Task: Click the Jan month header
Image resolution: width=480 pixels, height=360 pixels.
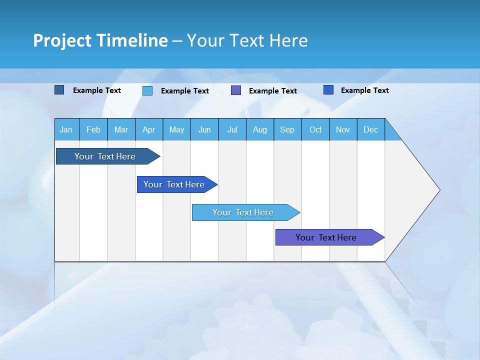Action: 66,129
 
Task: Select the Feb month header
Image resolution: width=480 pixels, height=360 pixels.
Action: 93,129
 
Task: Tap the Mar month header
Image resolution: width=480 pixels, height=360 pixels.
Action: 121,129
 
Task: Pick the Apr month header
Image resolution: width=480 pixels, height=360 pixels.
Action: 149,129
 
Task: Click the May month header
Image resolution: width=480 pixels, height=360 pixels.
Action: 176,129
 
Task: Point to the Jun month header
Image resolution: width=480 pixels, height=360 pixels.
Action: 204,129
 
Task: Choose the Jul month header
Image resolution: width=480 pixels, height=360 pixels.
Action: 232,129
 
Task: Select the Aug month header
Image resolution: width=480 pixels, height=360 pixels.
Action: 260,129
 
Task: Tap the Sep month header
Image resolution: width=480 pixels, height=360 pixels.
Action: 287,129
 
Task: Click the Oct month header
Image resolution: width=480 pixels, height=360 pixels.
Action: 315,129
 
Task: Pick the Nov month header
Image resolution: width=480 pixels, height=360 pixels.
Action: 343,129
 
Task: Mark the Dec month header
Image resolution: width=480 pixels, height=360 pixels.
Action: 371,129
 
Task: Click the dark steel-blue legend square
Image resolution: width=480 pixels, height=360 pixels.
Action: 59,90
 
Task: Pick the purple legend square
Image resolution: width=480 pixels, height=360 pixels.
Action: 236,90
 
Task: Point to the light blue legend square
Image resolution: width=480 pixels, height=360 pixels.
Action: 147,90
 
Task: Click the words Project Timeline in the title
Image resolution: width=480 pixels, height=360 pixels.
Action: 100,40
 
